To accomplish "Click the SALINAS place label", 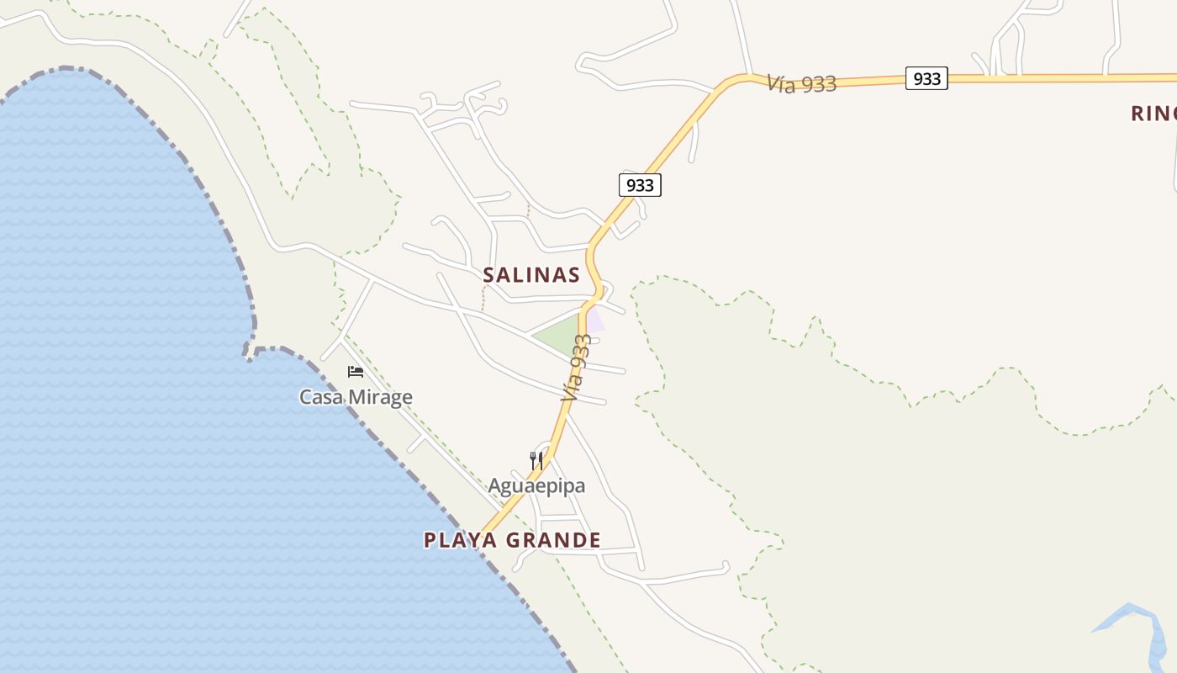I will pyautogui.click(x=531, y=275).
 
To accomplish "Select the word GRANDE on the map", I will pyautogui.click(x=552, y=540).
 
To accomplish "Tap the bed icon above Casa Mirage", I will pyautogui.click(x=356, y=372).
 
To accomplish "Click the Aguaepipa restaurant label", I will pyautogui.click(x=536, y=486).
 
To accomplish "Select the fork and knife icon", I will pyautogui.click(x=536, y=460).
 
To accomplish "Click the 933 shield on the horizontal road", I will pyautogui.click(x=926, y=79).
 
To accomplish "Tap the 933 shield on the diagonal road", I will pyautogui.click(x=640, y=185).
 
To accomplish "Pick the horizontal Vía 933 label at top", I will pyautogui.click(x=801, y=83).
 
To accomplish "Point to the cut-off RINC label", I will pyautogui.click(x=1153, y=114).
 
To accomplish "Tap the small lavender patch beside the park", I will pyautogui.click(x=595, y=321).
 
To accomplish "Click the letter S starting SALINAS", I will pyautogui.click(x=488, y=275).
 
